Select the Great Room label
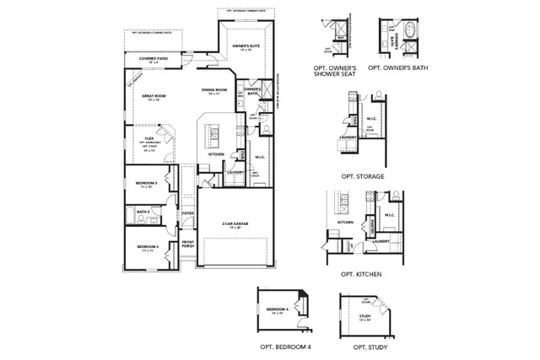point(154,96)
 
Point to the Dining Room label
point(214,90)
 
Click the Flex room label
point(148,139)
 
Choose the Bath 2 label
point(143,212)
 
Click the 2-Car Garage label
point(237,224)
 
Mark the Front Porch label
point(189,244)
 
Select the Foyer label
point(189,213)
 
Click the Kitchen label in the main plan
point(216,154)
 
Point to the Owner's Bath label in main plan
point(252,91)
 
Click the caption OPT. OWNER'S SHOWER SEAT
point(335,69)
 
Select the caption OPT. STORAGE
point(363,176)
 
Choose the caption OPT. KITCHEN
point(361,275)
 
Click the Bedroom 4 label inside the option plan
point(278,310)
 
